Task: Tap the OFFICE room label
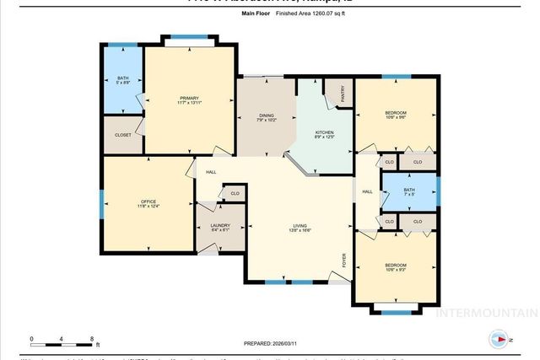tap(148, 203)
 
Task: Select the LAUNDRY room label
tap(220, 227)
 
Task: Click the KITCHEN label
tap(325, 134)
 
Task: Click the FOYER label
tap(343, 261)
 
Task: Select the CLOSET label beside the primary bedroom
tap(123, 135)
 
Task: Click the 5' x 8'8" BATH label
tap(123, 80)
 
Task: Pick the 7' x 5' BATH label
tap(409, 192)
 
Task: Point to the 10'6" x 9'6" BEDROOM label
tap(396, 116)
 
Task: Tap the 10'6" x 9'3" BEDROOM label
tap(396, 268)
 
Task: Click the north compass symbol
tap(498, 340)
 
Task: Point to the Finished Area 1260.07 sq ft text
tap(287, 14)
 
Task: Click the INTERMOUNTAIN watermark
tap(485, 313)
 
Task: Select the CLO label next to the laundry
tap(235, 194)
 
